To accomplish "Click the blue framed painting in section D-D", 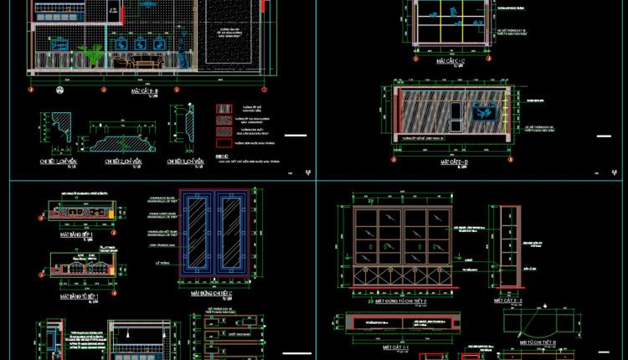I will (483, 112).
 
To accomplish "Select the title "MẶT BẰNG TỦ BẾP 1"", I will (80, 296).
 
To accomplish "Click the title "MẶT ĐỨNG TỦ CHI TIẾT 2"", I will (401, 299).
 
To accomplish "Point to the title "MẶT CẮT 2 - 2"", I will (508, 299).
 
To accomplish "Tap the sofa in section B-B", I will (138, 63).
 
